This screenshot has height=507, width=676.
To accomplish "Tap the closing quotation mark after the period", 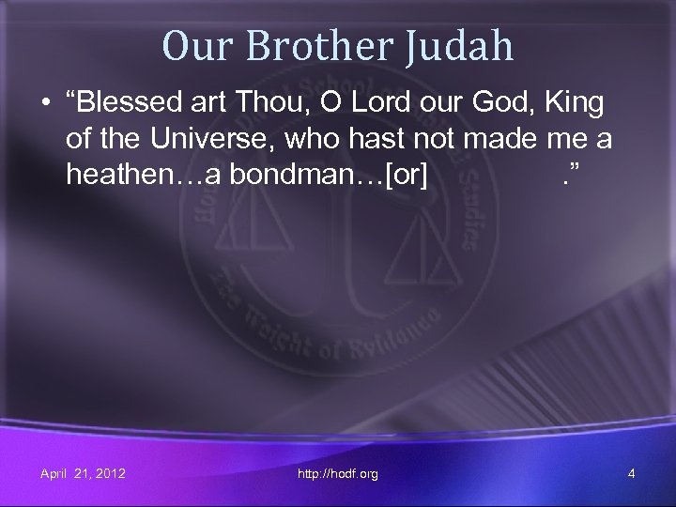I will (x=570, y=172).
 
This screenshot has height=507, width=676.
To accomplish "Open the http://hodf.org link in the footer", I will (x=338, y=474).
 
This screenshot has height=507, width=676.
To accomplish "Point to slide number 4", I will (x=631, y=474).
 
